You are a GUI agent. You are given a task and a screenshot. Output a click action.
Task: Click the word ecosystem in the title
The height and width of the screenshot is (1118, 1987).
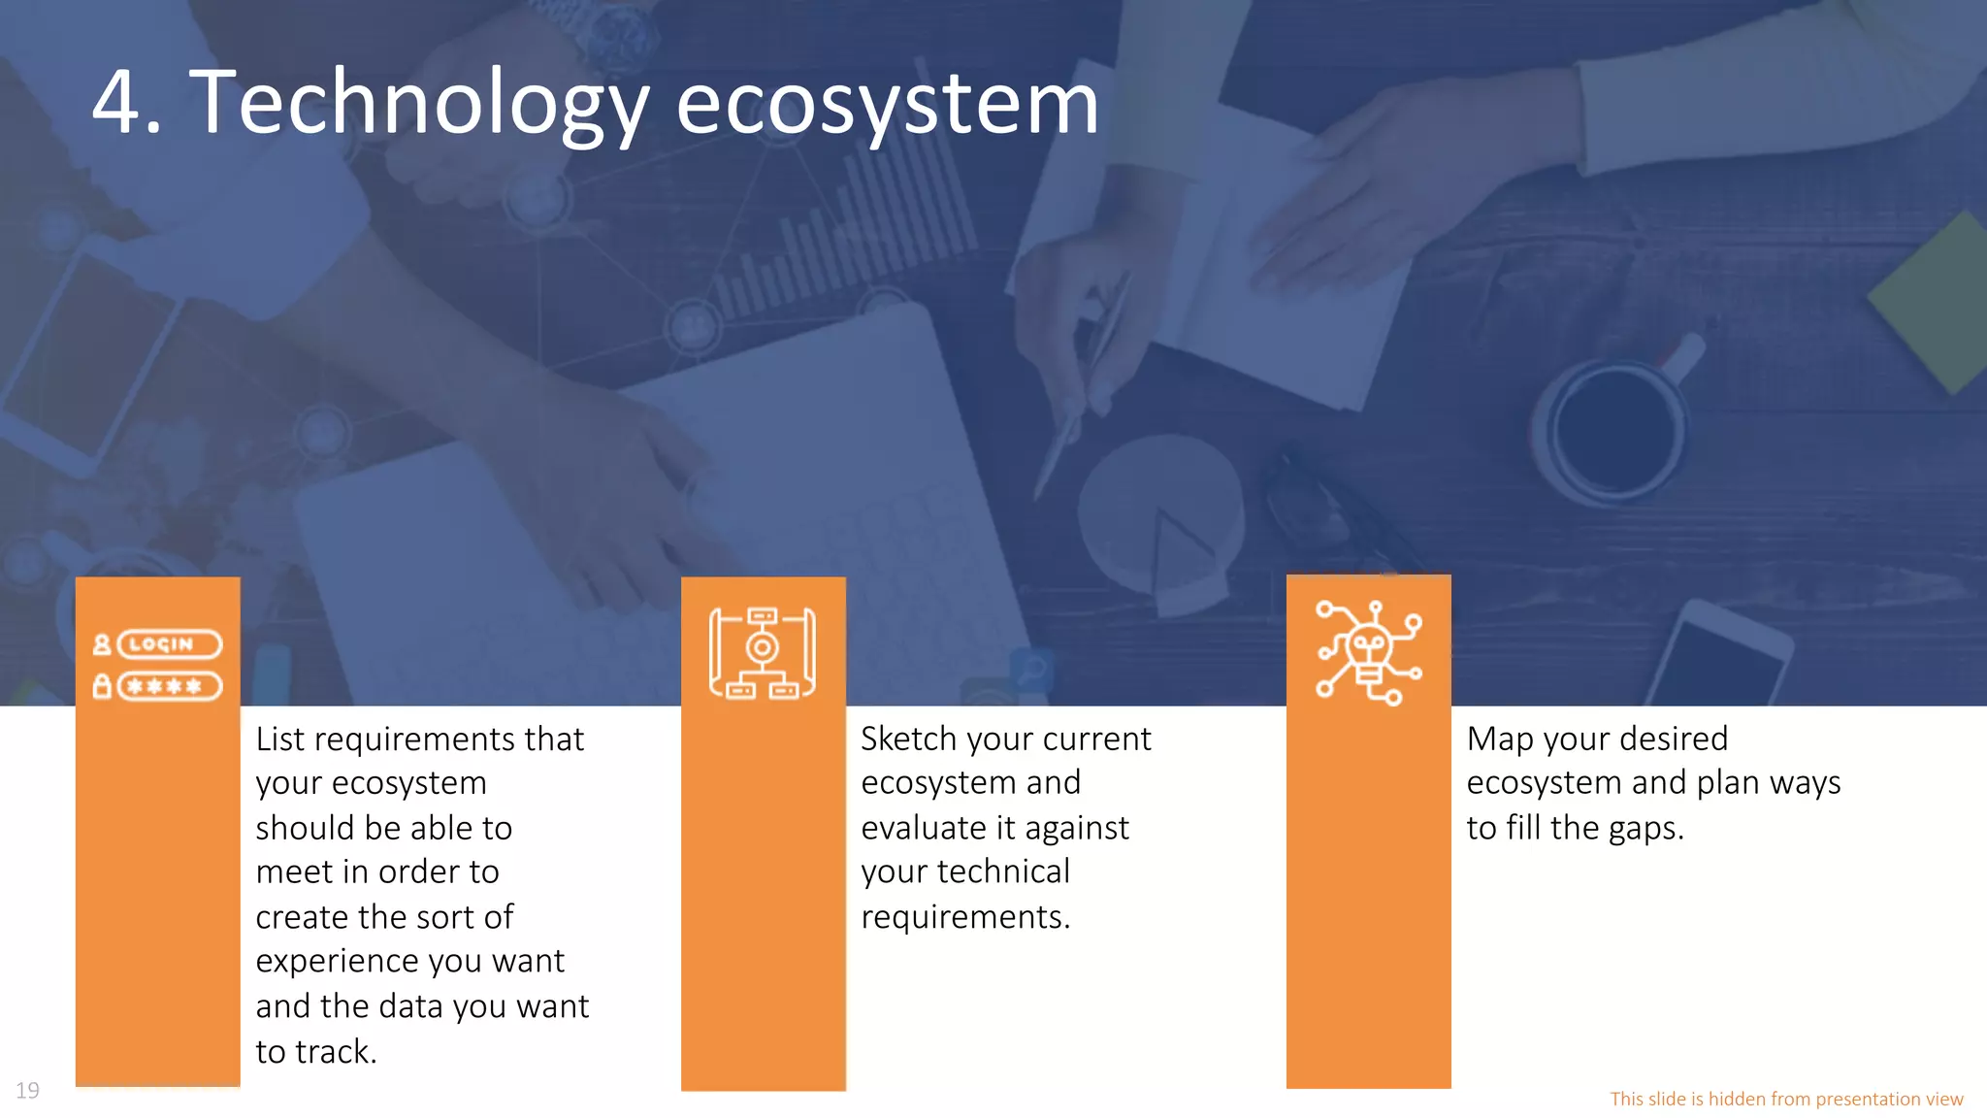(887, 103)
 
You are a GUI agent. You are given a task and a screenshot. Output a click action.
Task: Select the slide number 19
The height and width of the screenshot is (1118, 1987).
(27, 1091)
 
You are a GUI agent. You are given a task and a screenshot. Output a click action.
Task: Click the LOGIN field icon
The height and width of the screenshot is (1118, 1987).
(169, 644)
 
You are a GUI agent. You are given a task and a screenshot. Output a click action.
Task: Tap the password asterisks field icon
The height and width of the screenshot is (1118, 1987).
(169, 687)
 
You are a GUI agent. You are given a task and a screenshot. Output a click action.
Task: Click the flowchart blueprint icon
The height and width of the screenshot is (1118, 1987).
(763, 653)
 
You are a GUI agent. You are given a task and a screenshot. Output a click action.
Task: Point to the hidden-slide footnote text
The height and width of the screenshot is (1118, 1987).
(1786, 1099)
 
